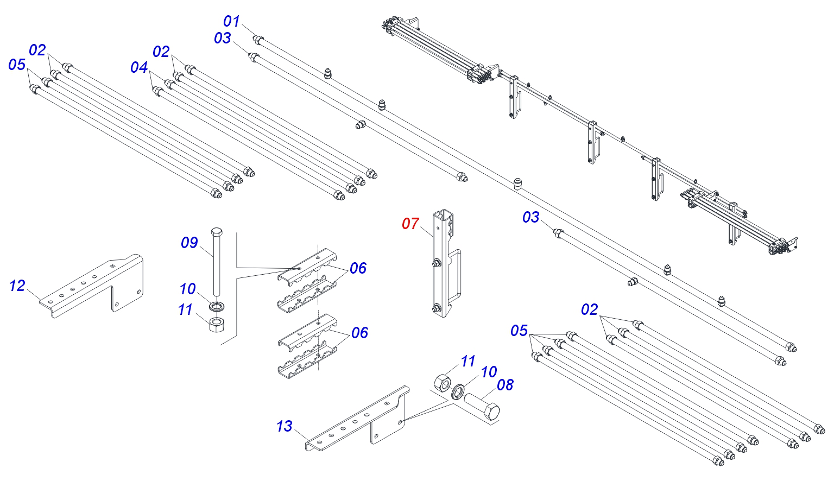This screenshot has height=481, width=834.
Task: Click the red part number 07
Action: pos(410,224)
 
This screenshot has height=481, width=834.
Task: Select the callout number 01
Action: pos(231,21)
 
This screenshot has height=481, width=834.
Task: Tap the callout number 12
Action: pos(17,286)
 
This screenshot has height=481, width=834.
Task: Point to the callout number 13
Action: pos(284,426)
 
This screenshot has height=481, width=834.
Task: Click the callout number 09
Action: pos(189,243)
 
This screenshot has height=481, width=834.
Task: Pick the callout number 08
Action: pos(506,385)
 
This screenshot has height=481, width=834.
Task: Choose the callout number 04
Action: pos(139,67)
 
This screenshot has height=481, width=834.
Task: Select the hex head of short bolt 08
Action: pos(490,412)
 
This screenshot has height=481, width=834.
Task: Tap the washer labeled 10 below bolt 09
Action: pos(217,306)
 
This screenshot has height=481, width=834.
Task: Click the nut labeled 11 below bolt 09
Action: pos(216,325)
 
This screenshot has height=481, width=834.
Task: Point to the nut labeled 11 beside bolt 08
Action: pos(443,383)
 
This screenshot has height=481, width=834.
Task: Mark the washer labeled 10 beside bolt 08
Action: pos(457,391)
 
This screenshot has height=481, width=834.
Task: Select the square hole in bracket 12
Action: pos(112,266)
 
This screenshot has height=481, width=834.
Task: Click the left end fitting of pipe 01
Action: pos(258,40)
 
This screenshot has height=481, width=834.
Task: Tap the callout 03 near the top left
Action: pos(222,38)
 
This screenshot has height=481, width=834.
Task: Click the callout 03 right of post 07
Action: pos(530,217)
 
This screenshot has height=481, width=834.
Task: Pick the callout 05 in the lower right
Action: pos(519,331)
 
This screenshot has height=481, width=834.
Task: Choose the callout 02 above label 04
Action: pos(161,52)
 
